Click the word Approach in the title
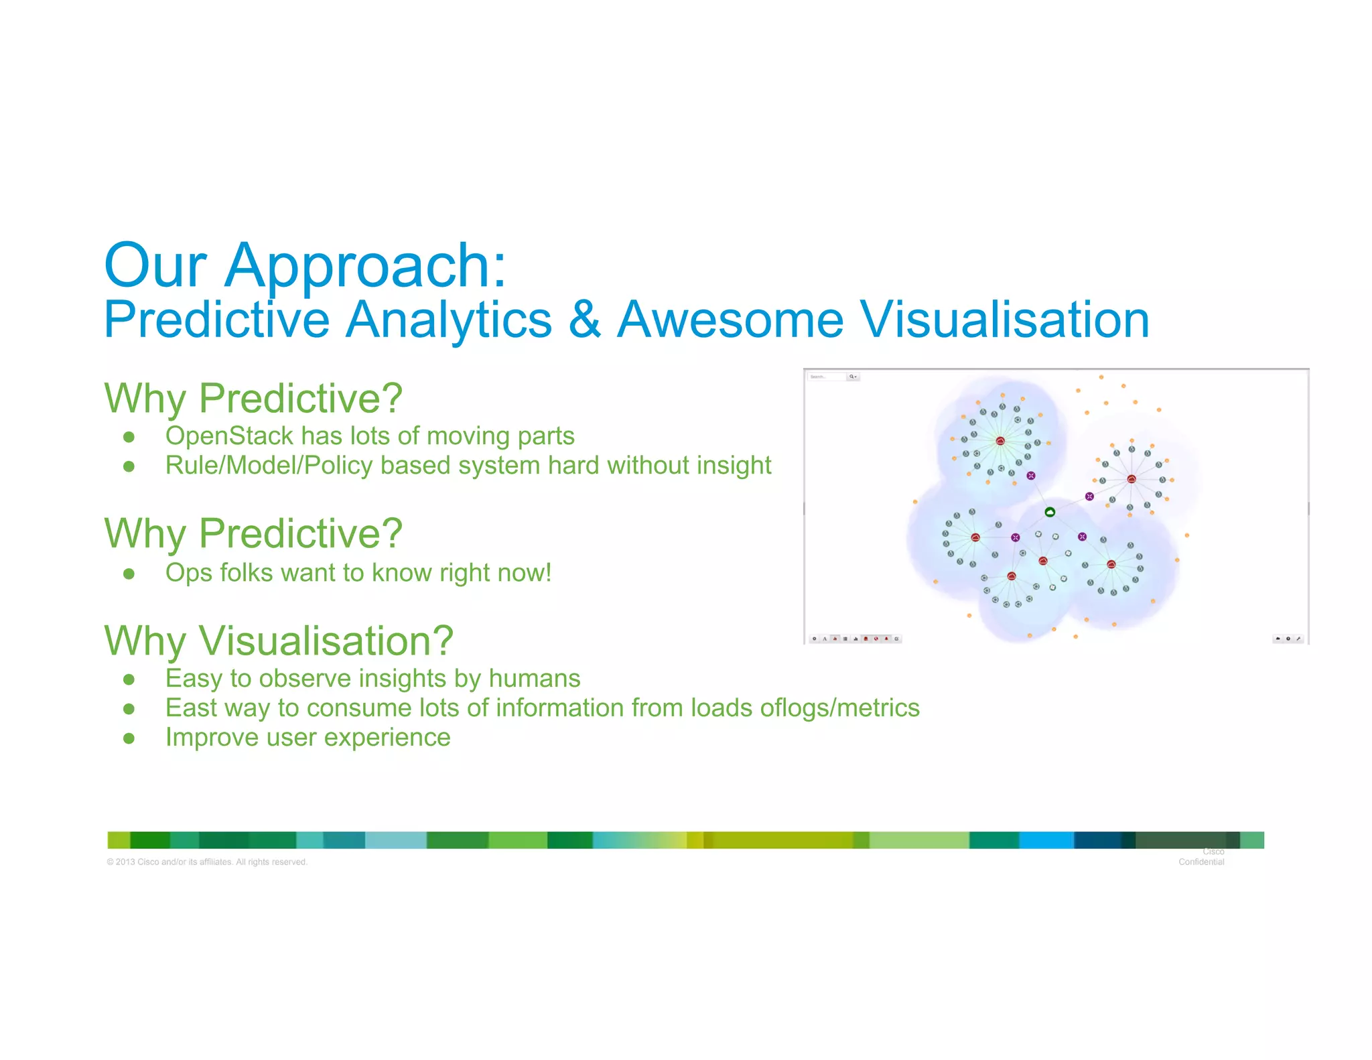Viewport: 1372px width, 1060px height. pyautogui.click(x=365, y=267)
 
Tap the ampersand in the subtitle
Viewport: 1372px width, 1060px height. pyautogui.click(x=584, y=320)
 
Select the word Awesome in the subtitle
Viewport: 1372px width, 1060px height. pyautogui.click(x=730, y=320)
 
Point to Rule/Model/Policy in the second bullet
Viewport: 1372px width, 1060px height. pyautogui.click(x=269, y=466)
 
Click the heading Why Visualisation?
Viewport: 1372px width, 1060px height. pyautogui.click(x=279, y=641)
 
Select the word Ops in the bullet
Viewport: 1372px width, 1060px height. pyautogui.click(x=186, y=573)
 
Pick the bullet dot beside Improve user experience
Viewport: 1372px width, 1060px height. pyautogui.click(x=129, y=738)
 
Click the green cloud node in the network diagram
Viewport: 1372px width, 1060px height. pyautogui.click(x=1050, y=513)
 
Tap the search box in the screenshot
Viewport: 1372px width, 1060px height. pyautogui.click(x=827, y=377)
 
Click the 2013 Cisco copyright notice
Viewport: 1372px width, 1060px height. pyautogui.click(x=207, y=862)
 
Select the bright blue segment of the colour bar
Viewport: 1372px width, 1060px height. pyautogui.click(x=1046, y=840)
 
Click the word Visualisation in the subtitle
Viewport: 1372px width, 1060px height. pyautogui.click(x=1004, y=320)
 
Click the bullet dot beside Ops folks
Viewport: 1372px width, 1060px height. pyautogui.click(x=129, y=574)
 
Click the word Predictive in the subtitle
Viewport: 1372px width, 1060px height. pyautogui.click(x=216, y=320)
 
